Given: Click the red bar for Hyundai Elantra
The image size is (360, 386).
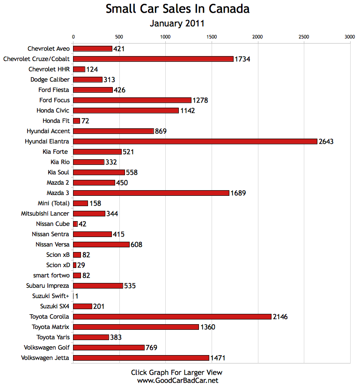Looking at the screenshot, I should click(x=195, y=141).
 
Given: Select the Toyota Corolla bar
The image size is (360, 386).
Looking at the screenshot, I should click(x=172, y=317).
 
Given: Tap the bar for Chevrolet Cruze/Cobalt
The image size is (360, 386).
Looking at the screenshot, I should click(x=153, y=59).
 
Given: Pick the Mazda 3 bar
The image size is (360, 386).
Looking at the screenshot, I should click(x=151, y=193).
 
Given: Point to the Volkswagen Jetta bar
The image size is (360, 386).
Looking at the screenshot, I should click(x=141, y=358).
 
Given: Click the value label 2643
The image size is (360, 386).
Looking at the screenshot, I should click(x=326, y=141).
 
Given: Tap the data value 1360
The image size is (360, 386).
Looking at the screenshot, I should click(x=207, y=327).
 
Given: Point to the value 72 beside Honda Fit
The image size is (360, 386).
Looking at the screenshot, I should click(x=85, y=121).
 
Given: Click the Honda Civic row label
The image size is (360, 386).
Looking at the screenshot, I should click(x=53, y=111).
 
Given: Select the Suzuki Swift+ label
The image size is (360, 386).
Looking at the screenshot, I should click(x=51, y=296).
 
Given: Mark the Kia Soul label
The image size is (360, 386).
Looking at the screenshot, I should click(x=59, y=172).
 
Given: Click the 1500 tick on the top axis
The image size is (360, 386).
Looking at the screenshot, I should click(x=212, y=37).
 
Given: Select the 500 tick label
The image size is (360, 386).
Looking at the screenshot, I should click(x=119, y=37).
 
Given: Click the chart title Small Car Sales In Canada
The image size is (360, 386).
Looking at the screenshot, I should click(x=177, y=9).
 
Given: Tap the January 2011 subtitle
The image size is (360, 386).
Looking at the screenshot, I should click(x=177, y=23).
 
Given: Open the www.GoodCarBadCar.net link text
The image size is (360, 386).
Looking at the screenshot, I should click(x=177, y=380).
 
